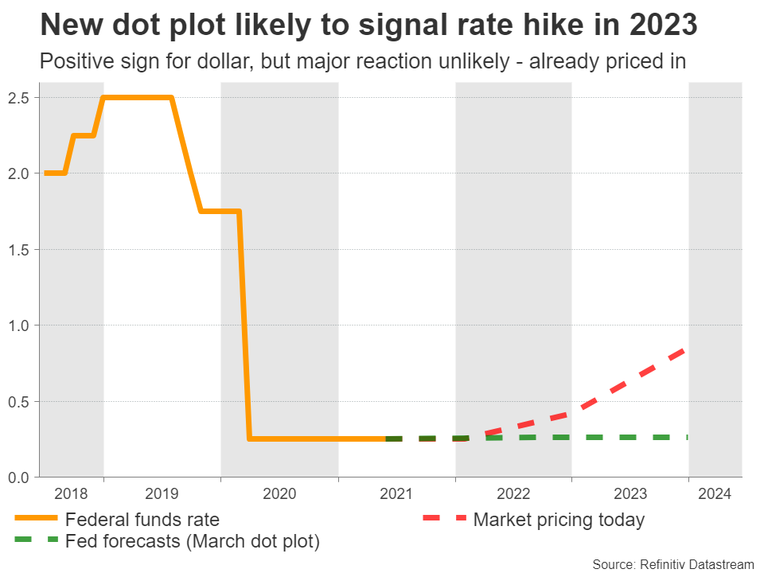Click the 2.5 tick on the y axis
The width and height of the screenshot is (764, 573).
pos(20,98)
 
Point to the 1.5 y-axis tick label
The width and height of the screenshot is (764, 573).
pos(20,250)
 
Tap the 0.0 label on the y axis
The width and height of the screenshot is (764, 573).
pos(20,477)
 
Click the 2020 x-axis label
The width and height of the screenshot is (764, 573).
pos(279,493)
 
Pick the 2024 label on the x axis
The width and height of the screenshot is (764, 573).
pos(715,493)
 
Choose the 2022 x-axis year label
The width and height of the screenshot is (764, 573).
pos(513,493)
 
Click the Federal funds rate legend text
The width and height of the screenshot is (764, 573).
pos(142,520)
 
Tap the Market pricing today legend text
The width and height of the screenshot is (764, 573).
pos(559,520)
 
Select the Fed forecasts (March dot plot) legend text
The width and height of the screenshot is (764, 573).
pos(193,542)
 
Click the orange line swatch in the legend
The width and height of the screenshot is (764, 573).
pos(37,520)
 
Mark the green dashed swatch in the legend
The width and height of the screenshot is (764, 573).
pos(37,541)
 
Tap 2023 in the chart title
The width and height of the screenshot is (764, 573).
pos(662,25)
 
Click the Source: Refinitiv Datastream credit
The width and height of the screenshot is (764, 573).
pos(672,564)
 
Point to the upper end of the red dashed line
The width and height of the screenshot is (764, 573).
pos(686,349)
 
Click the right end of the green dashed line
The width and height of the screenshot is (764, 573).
pos(686,437)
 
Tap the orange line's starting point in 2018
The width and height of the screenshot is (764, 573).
pos(45,173)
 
